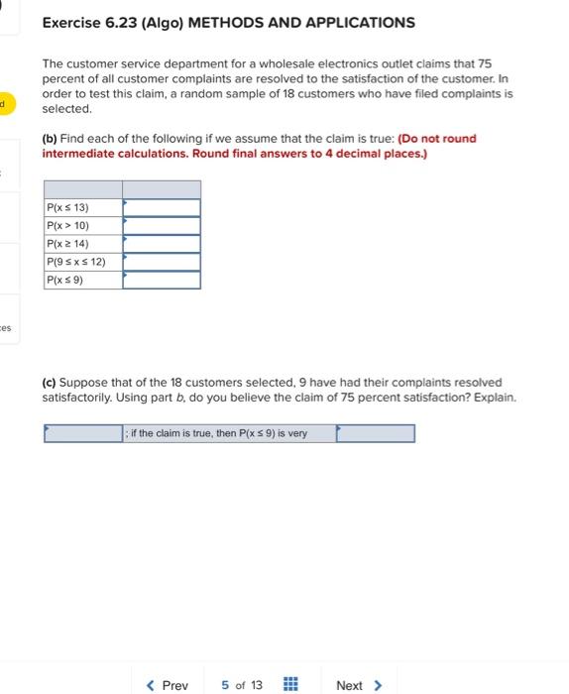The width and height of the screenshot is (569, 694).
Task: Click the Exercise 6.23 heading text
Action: [228, 22]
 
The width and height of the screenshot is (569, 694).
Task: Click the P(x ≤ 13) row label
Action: [68, 207]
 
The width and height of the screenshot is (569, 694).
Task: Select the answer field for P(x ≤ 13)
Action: [162, 207]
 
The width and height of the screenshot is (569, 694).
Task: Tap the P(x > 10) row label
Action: [68, 225]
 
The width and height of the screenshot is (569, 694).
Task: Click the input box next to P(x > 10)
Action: [162, 225]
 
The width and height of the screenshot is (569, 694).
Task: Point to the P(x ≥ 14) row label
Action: [68, 243]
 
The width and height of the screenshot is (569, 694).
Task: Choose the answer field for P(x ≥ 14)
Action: [162, 243]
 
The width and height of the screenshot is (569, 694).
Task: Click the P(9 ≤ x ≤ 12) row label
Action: [76, 262]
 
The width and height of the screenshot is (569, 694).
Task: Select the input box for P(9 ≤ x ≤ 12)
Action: [162, 262]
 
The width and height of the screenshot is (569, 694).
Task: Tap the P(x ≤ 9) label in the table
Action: [65, 280]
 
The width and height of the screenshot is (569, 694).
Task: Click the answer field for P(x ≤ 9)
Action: [162, 280]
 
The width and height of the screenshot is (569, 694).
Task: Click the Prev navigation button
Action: [167, 685]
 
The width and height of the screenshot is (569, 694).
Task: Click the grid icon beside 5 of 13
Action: [291, 685]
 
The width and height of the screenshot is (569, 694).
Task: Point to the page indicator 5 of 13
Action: [242, 685]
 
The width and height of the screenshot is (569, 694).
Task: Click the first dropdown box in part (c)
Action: [82, 433]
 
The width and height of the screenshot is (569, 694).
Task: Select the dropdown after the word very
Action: [375, 433]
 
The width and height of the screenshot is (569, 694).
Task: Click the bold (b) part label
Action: [50, 138]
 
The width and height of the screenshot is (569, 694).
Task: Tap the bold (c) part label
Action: [50, 382]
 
